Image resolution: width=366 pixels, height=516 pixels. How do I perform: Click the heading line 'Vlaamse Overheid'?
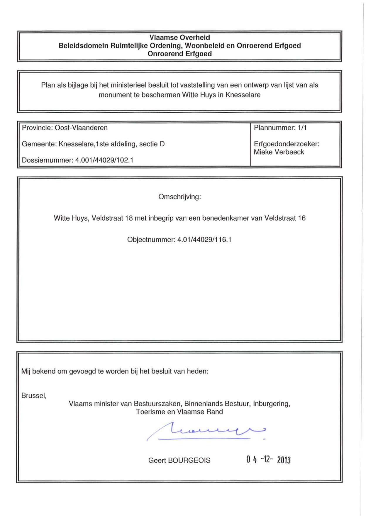[x=179, y=38]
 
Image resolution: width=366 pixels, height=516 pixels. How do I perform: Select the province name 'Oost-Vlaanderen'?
[x=81, y=128]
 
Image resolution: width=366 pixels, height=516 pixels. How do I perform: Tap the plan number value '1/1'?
[x=302, y=128]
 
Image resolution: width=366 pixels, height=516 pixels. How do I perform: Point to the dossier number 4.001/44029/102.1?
[x=104, y=160]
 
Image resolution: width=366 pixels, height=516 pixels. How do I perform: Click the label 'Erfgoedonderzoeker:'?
[x=287, y=144]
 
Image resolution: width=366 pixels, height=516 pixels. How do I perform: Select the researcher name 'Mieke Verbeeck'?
[x=279, y=152]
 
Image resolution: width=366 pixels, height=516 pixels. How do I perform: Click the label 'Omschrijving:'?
[x=179, y=197]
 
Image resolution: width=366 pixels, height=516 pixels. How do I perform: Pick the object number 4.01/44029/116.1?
[x=204, y=240]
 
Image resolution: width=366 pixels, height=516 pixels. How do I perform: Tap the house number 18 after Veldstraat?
[x=129, y=218]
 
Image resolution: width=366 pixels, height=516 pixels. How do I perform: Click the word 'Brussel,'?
[x=34, y=396]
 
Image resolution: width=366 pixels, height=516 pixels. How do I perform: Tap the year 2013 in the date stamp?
[x=284, y=460]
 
